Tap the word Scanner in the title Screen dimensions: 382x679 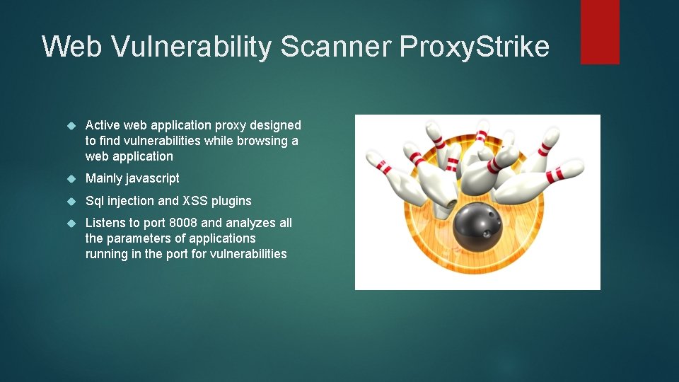336,47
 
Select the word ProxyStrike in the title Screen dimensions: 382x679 474,47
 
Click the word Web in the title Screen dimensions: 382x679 66,47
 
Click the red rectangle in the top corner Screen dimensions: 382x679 600,32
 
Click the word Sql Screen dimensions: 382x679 95,201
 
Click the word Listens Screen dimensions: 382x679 105,223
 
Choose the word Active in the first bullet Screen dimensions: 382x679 103,125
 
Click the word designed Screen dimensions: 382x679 276,125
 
